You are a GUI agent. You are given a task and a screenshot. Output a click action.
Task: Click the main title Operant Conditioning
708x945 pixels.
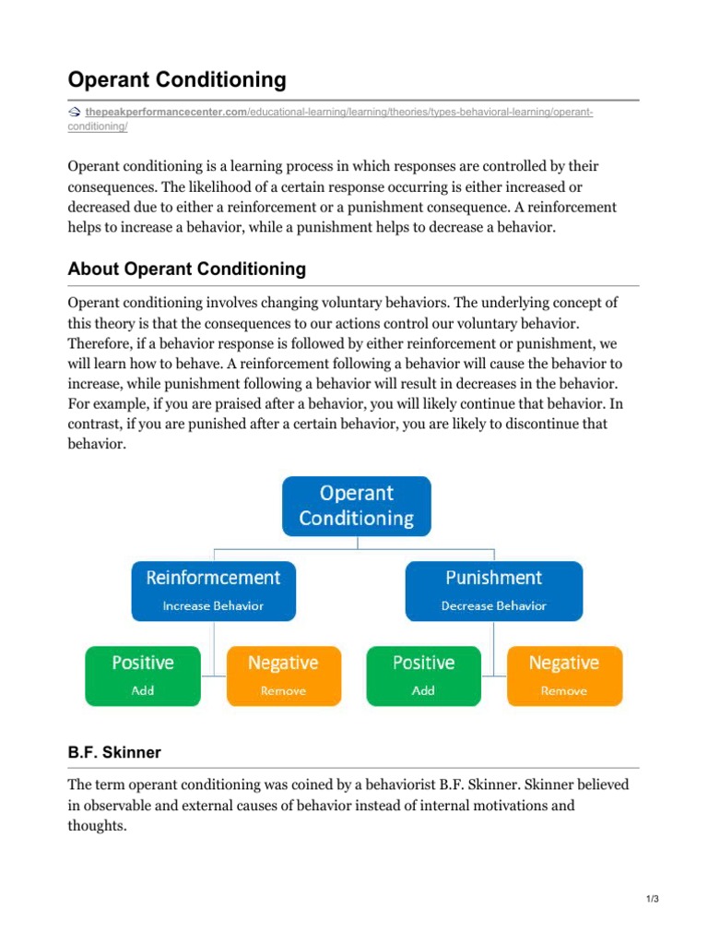pyautogui.click(x=177, y=80)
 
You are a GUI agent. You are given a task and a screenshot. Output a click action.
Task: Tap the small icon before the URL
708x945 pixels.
pyautogui.click(x=75, y=112)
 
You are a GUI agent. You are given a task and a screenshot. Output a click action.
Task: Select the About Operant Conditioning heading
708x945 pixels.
pyautogui.click(x=186, y=269)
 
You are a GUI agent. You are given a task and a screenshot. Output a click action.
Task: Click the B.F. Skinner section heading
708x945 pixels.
pyautogui.click(x=114, y=752)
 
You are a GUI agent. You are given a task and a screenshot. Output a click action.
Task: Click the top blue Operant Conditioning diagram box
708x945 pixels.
pyautogui.click(x=356, y=506)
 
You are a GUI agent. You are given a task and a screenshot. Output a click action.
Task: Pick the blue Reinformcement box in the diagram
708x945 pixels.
pyautogui.click(x=213, y=590)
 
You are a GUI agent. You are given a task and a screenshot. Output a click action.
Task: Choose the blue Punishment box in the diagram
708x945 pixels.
pyautogui.click(x=494, y=590)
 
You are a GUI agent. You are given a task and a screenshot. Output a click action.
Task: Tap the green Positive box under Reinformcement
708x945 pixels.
pyautogui.click(x=143, y=676)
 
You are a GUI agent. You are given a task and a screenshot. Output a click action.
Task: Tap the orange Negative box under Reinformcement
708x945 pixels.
pyautogui.click(x=283, y=676)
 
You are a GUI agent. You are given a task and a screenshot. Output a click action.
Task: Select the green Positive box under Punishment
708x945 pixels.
pyautogui.click(x=423, y=676)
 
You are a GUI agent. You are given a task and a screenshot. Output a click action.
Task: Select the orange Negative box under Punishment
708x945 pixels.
pyautogui.click(x=563, y=676)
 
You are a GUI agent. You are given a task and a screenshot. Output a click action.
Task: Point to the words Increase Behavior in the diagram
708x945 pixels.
pyautogui.click(x=213, y=606)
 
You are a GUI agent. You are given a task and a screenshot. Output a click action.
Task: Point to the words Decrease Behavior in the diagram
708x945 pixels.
pyautogui.click(x=494, y=606)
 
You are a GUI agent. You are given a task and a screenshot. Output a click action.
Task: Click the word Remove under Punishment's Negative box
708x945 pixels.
pyautogui.click(x=563, y=690)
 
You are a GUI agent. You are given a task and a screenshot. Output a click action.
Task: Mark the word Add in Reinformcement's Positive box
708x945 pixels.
pyautogui.click(x=143, y=690)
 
